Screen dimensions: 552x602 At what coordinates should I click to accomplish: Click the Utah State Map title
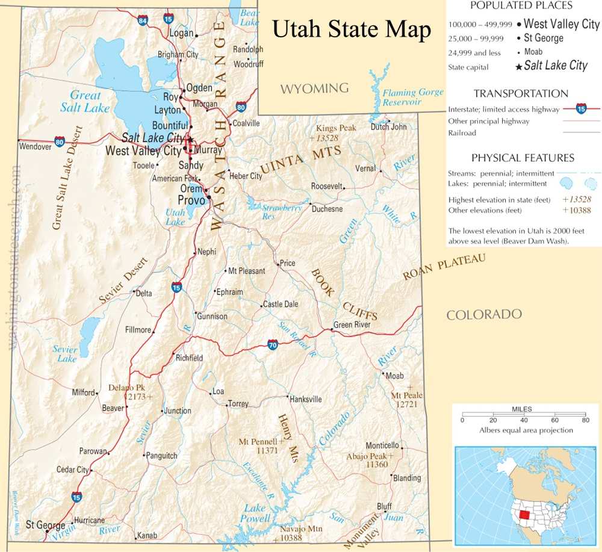tap(352, 29)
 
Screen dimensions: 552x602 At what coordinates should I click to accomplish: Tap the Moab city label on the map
tap(395, 376)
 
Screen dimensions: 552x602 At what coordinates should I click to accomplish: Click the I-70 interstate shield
tap(272, 345)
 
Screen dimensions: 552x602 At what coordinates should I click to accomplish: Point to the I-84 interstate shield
tap(142, 21)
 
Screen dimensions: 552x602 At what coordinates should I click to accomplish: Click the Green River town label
tap(352, 324)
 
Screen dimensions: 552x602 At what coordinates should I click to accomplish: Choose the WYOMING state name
tap(314, 88)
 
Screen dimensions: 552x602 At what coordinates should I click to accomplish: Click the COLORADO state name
tap(484, 314)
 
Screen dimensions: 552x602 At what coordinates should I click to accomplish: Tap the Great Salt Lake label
tap(84, 101)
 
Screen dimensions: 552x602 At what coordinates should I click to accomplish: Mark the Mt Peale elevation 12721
tap(406, 405)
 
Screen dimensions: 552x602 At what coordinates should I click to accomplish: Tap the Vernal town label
tap(365, 169)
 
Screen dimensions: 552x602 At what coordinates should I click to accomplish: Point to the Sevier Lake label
tap(65, 354)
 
